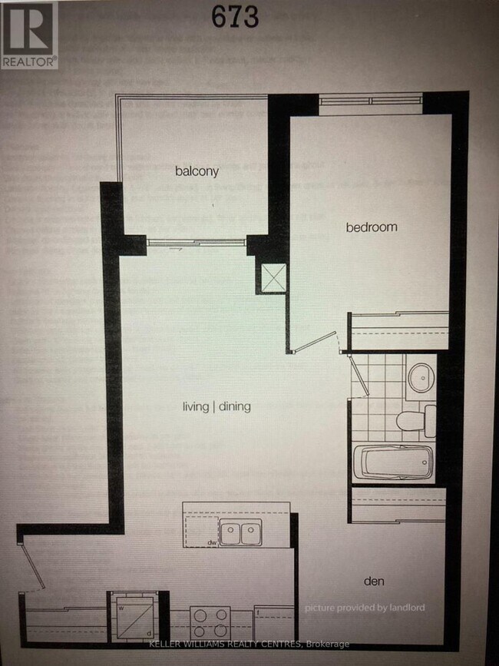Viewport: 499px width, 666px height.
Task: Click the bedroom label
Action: pyautogui.click(x=372, y=227)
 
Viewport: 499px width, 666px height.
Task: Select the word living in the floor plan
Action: pyautogui.click(x=197, y=406)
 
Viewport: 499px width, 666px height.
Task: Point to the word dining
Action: pyautogui.click(x=234, y=406)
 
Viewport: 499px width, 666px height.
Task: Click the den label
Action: pyautogui.click(x=375, y=581)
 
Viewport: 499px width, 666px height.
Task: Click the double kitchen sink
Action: pyautogui.click(x=240, y=532)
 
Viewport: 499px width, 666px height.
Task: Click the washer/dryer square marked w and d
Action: pyautogui.click(x=131, y=615)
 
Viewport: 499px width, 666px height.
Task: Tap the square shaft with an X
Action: pyautogui.click(x=273, y=277)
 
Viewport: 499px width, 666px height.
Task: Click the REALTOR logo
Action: pyautogui.click(x=28, y=35)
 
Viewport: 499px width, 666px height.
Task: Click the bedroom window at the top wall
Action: pyautogui.click(x=370, y=99)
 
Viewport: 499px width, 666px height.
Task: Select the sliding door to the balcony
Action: pyautogui.click(x=196, y=243)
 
